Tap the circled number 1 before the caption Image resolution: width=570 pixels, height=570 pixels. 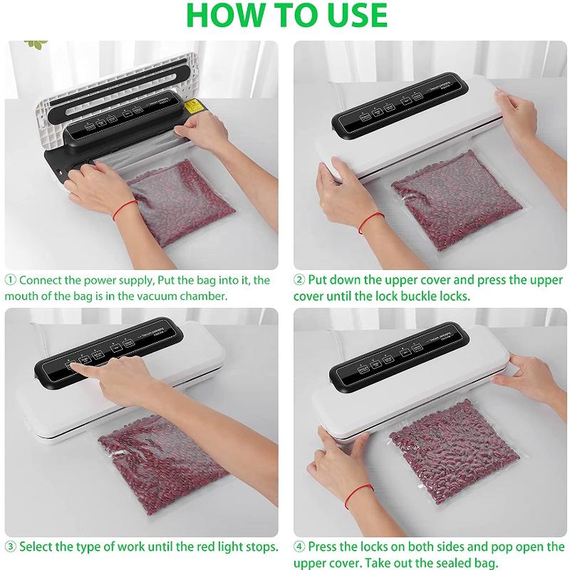(x=11, y=280)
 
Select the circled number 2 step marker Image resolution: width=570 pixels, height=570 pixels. (x=300, y=280)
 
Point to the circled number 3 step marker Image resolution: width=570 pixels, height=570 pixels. (x=11, y=547)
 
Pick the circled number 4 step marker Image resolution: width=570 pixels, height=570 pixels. (x=300, y=547)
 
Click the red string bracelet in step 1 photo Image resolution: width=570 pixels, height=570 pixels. (x=126, y=209)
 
